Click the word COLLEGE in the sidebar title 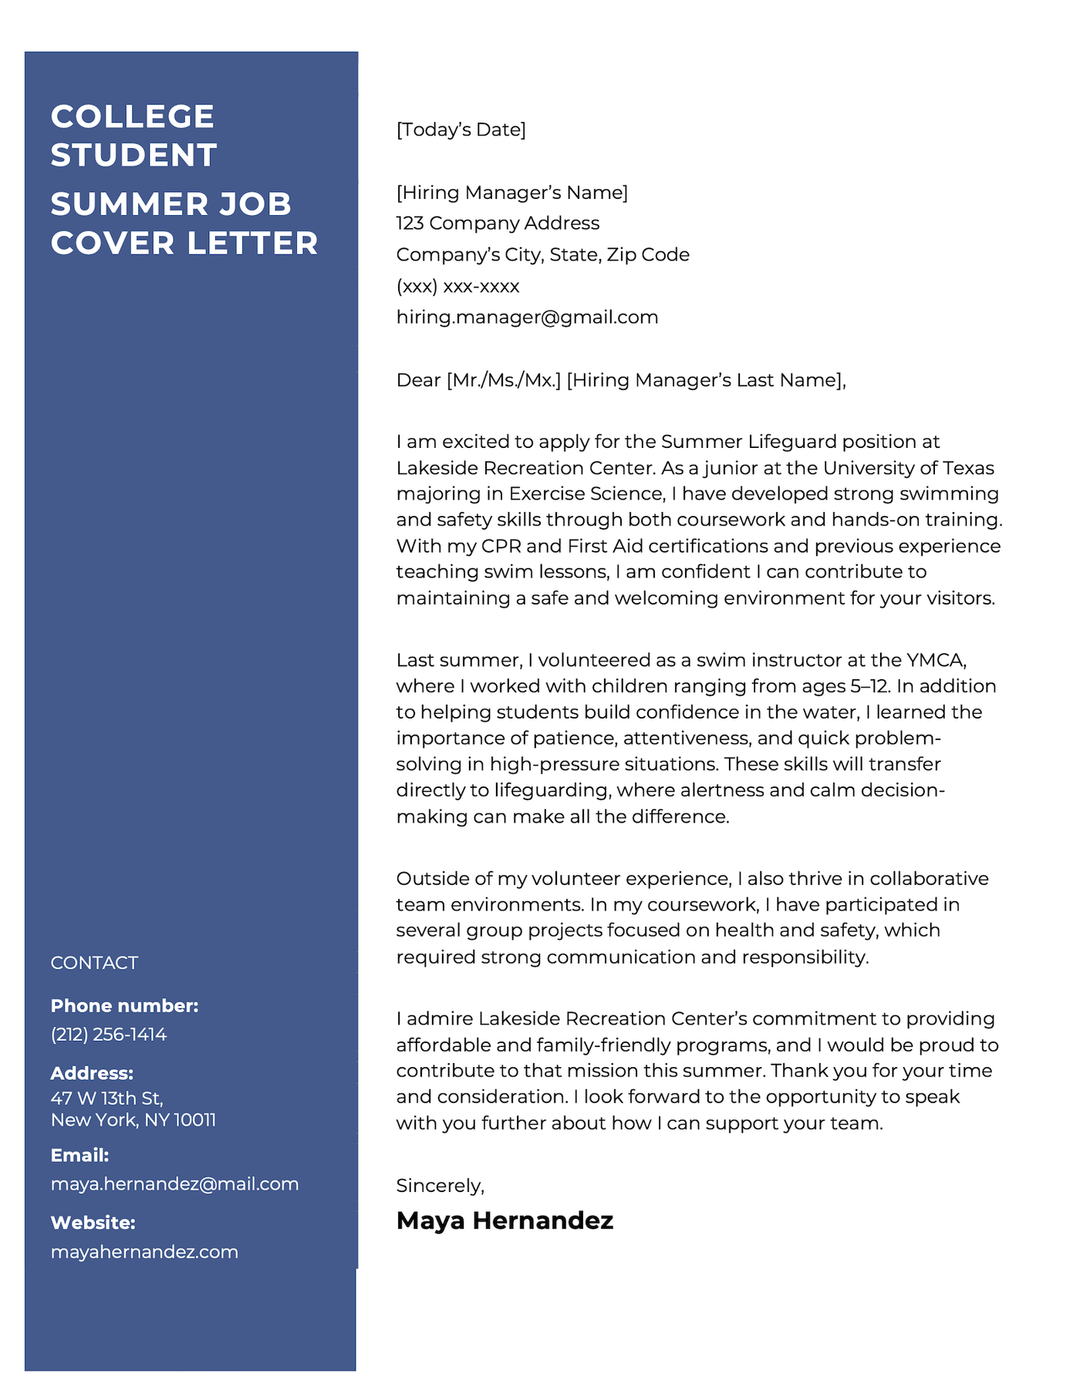coord(133,117)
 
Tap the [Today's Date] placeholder coord(461,130)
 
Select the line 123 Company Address coord(498,224)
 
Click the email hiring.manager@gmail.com coord(527,318)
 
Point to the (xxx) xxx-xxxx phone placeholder coord(457,287)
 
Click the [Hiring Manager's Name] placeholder coord(511,193)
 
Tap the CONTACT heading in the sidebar coord(94,963)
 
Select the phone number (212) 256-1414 coord(108,1035)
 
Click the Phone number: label coord(124,1006)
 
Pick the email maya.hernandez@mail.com coord(174,1184)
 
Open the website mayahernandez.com coord(144,1252)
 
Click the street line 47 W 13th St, coord(106,1098)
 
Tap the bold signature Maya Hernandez coord(505,1220)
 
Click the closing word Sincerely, coord(440,1186)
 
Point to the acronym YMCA coord(936,661)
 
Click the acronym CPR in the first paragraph coord(501,547)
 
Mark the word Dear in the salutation coord(418,380)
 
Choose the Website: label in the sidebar coord(93,1223)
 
